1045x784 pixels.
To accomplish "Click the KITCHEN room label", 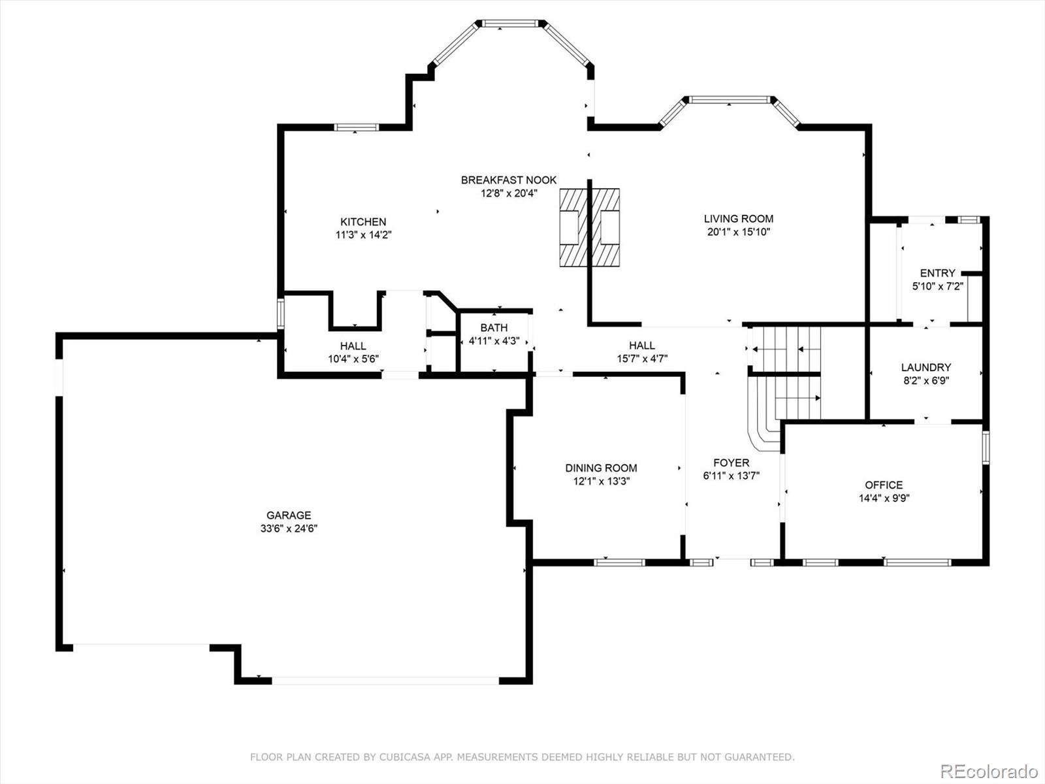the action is point(363,222).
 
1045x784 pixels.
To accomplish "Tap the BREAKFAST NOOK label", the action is point(508,180).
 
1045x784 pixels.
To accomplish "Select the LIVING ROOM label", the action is point(739,219).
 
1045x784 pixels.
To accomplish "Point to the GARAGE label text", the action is point(289,515).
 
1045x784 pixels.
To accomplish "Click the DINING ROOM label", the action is point(601,468).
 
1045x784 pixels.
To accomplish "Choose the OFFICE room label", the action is point(884,485).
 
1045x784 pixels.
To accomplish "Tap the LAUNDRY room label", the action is point(926,367).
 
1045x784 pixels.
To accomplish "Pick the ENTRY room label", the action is point(937,273).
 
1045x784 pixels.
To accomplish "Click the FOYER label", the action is point(731,463).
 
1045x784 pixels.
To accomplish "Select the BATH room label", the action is point(494,328).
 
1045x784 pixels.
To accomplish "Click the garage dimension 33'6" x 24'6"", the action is point(289,529).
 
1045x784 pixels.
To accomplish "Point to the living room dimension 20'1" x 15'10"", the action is point(739,233).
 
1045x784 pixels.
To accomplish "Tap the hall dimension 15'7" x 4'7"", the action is point(642,359).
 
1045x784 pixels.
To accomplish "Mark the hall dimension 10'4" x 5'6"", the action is point(353,359).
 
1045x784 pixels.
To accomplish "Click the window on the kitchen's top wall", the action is point(356,127).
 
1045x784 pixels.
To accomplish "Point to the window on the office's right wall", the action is point(986,448).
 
